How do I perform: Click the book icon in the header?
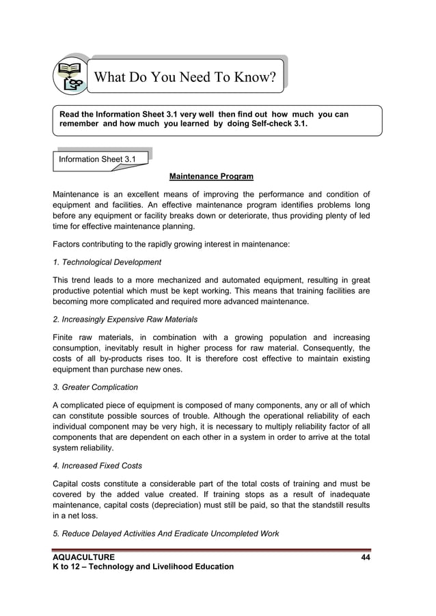click(71, 75)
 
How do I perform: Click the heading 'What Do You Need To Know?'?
click(185, 77)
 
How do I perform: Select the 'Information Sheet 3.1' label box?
click(97, 159)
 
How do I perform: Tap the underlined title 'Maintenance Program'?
click(211, 177)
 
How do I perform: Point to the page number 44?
click(366, 557)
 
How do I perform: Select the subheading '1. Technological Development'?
click(107, 262)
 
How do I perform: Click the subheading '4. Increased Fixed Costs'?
click(98, 466)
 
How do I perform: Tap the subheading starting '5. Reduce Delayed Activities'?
click(166, 534)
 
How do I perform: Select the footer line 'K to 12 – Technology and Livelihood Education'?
click(144, 567)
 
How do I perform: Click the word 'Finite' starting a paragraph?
click(64, 337)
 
